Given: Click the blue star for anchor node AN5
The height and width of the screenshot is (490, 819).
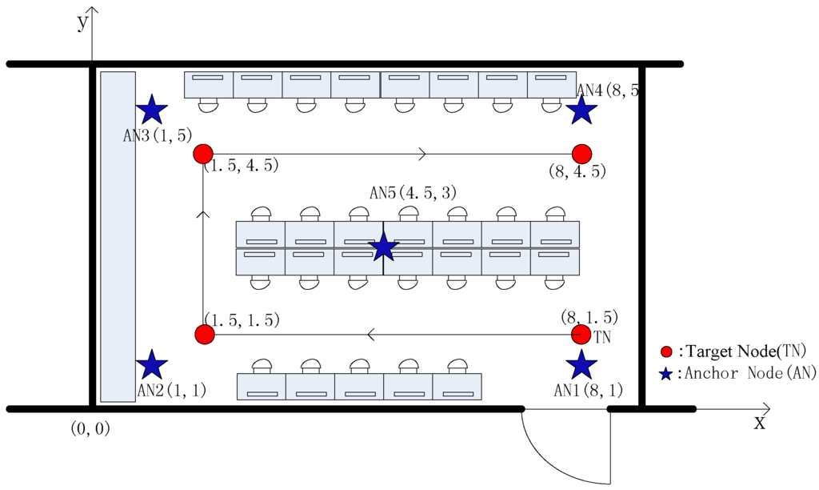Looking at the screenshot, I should click(384, 247).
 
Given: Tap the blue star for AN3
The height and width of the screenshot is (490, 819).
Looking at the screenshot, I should click(152, 110).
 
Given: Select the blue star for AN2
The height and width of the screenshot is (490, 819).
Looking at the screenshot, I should click(152, 365).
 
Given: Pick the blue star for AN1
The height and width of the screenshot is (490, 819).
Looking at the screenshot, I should click(581, 365).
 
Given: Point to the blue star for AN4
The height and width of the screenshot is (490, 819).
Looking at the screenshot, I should click(582, 110).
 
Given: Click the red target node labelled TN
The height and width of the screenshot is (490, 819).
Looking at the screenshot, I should click(581, 334).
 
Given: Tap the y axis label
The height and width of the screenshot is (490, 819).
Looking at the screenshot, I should click(82, 22).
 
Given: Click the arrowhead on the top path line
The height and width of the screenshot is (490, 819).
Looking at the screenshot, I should click(422, 154).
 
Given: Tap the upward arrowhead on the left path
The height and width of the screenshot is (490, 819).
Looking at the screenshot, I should click(203, 214).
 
